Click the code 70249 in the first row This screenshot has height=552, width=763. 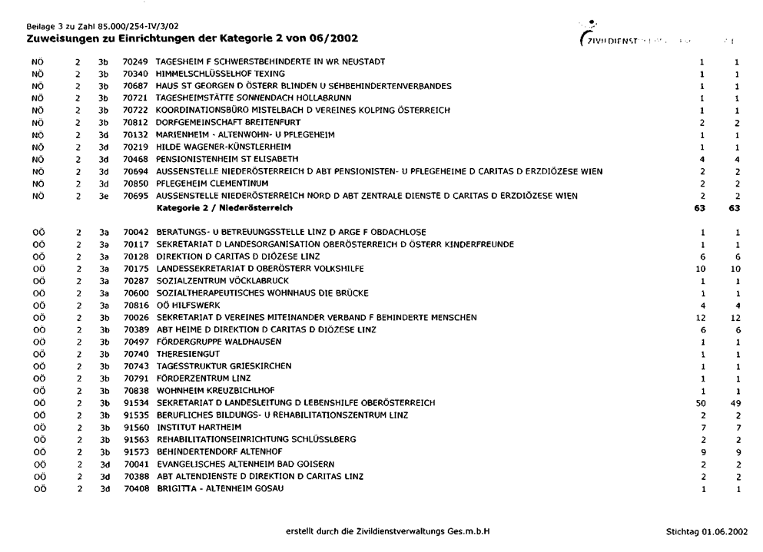coord(135,61)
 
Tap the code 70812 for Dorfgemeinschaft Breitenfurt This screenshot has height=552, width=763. coord(135,123)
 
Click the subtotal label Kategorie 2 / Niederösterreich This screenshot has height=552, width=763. coord(224,208)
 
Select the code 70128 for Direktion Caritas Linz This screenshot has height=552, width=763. coord(135,256)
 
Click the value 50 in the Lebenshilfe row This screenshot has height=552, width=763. coord(700,403)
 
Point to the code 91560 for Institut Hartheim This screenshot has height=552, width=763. coord(135,428)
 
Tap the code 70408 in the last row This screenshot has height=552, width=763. coord(135,489)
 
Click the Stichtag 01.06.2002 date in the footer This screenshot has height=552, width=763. coord(706,531)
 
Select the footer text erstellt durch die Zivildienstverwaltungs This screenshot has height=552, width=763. coord(387,531)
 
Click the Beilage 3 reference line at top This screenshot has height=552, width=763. coord(97,28)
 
